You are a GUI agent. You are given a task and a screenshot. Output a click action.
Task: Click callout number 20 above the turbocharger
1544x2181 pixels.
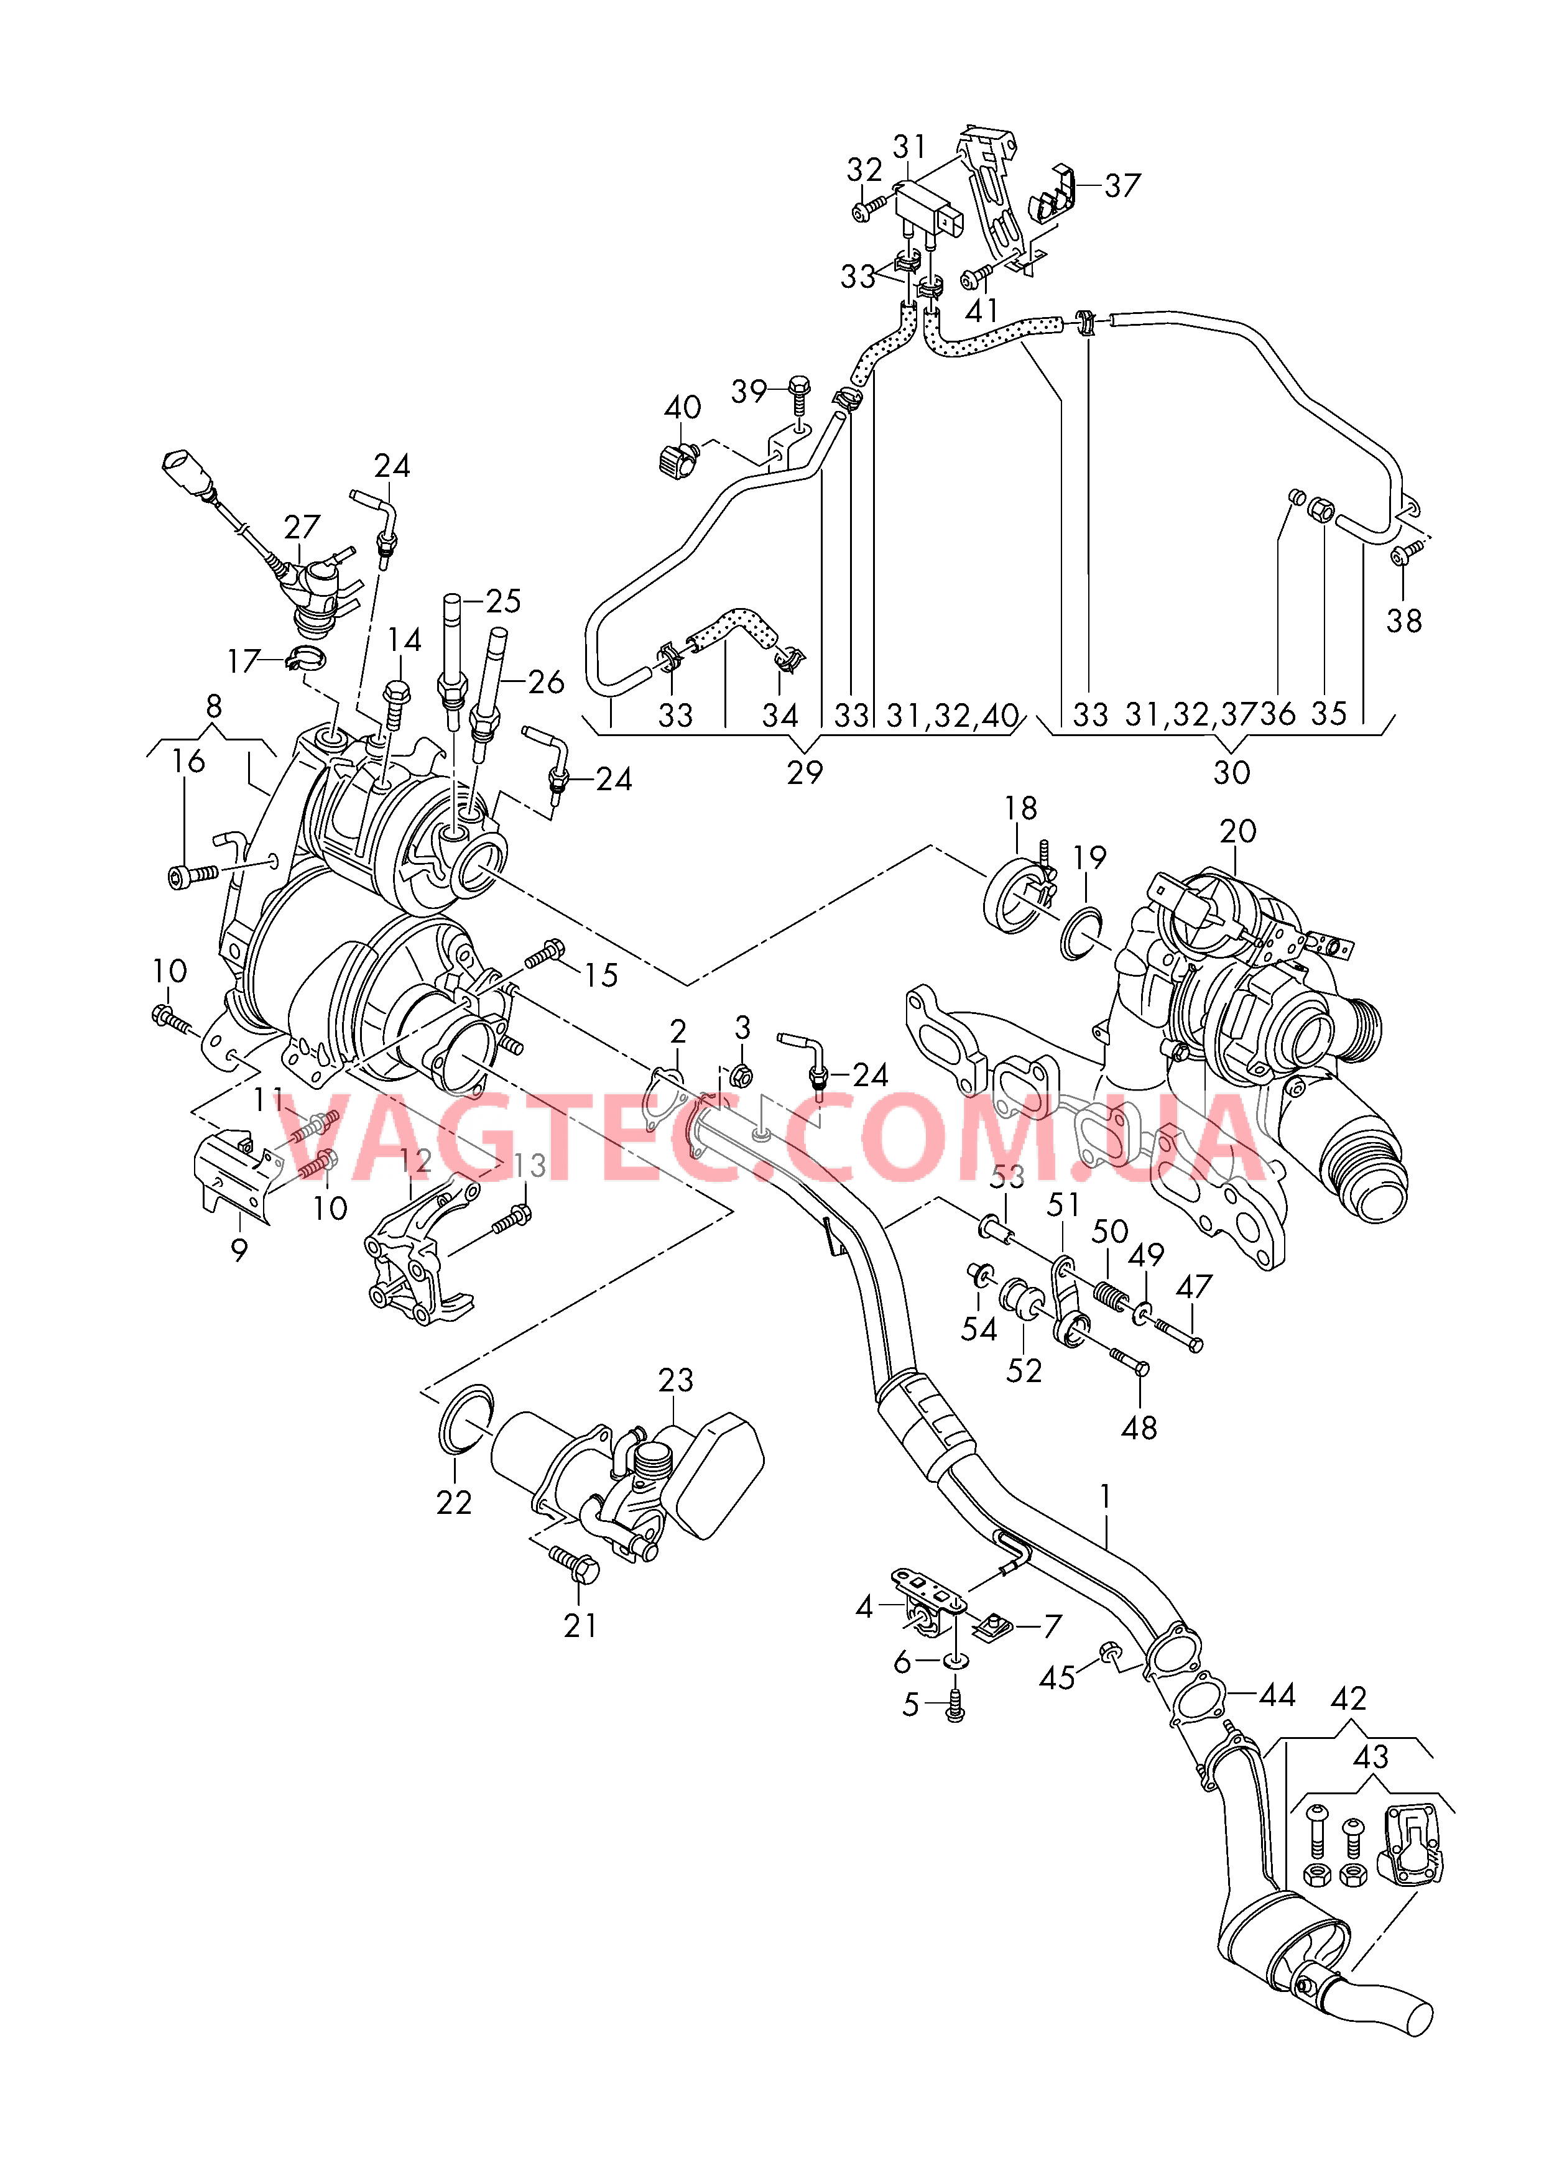[1238, 831]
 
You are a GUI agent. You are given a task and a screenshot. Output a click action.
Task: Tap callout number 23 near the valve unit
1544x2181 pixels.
[675, 1380]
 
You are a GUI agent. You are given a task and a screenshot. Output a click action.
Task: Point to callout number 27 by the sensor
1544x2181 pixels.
[302, 527]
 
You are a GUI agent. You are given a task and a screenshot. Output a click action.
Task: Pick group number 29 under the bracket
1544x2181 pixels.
[804, 773]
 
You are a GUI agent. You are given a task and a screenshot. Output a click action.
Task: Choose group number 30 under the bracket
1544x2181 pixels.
[1231, 773]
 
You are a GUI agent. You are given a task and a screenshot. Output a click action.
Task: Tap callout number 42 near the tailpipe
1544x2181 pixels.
[1348, 1699]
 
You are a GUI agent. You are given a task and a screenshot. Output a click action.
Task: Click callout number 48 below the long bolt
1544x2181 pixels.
[1139, 1427]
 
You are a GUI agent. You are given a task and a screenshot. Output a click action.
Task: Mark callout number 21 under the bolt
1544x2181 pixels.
[580, 1626]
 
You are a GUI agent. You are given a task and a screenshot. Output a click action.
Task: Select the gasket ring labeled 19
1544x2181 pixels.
[1081, 934]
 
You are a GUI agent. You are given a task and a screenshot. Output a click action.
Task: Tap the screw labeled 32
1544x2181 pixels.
[868, 209]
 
